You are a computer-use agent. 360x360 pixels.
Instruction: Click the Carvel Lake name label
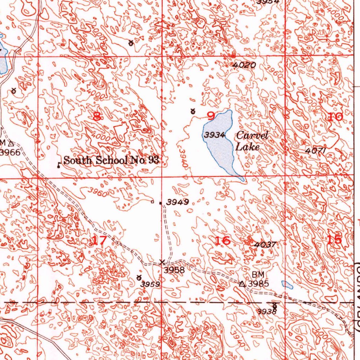click(x=252, y=141)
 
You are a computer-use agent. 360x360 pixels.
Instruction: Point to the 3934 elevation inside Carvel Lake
click(x=215, y=135)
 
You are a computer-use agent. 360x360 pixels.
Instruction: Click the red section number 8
click(x=97, y=116)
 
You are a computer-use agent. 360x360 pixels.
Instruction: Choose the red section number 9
click(x=211, y=116)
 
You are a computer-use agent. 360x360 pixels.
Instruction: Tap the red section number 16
click(x=223, y=241)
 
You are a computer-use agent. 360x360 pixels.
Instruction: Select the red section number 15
click(x=334, y=240)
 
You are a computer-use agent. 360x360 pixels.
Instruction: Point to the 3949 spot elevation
click(x=178, y=202)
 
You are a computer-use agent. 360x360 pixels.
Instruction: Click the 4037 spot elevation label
click(x=266, y=244)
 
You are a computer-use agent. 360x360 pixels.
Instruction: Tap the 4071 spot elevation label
click(x=316, y=150)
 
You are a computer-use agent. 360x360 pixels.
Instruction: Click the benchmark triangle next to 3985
click(x=242, y=284)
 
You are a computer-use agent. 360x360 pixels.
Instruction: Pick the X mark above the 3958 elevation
click(x=162, y=262)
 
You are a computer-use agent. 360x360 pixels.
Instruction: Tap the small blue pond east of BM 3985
click(x=287, y=285)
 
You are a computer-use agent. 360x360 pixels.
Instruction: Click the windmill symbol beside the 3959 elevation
click(x=139, y=278)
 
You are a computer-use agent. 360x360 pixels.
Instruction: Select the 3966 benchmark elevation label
click(x=9, y=152)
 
